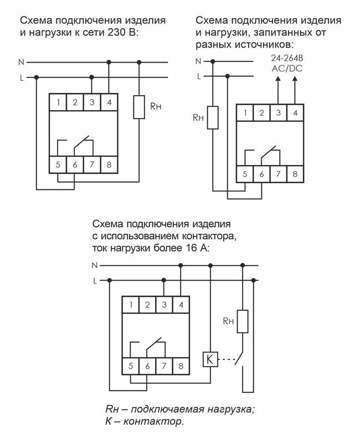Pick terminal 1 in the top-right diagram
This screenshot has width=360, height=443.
(x=244, y=113)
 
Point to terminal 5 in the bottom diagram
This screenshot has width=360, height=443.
(x=130, y=365)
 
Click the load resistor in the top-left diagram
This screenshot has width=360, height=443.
(x=139, y=107)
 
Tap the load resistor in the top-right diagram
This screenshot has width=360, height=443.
(x=212, y=118)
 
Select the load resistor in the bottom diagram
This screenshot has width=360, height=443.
(x=241, y=322)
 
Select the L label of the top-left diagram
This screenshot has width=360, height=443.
(x=21, y=78)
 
